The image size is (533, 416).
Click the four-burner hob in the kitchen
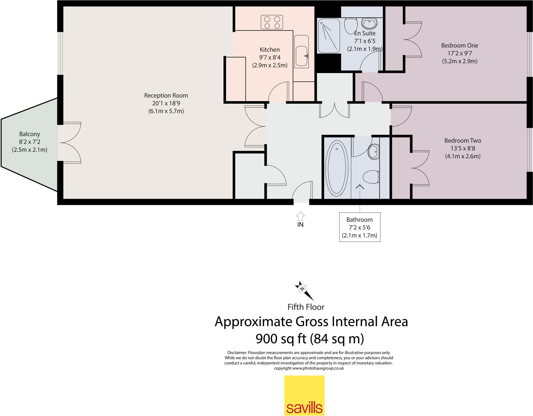pyautogui.click(x=272, y=22)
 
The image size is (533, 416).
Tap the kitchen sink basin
pyautogui.click(x=301, y=56)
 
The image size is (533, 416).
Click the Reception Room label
pyautogui.click(x=166, y=96)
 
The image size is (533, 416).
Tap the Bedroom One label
pyautogui.click(x=459, y=45)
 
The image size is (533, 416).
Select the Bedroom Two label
pyautogui.click(x=462, y=141)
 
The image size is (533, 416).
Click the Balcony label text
pyautogui.click(x=30, y=134)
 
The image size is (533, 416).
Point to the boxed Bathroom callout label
pyautogui.click(x=359, y=227)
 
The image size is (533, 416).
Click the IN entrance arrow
pyautogui.click(x=300, y=217)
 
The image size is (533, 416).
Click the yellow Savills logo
pyautogui.click(x=304, y=395)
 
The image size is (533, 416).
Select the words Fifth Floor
pyautogui.click(x=306, y=307)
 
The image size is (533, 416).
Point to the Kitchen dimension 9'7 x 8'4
pyautogui.click(x=270, y=57)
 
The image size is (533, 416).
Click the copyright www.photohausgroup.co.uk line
pyautogui.click(x=309, y=368)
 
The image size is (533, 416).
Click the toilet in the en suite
pyautogui.click(x=351, y=24)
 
